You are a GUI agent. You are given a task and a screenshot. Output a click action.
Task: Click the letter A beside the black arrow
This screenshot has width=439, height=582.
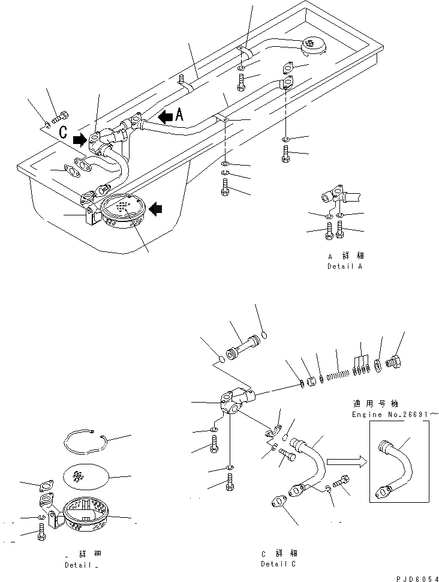pyautogui.click(x=180, y=113)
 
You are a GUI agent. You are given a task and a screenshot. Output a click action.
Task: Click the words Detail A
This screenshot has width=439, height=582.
pyautogui.click(x=344, y=266)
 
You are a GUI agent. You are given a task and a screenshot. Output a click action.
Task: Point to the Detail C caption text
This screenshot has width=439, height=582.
pyautogui.click(x=278, y=564)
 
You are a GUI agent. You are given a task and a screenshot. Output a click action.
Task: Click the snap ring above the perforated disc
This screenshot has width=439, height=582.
pyautogui.click(x=85, y=441)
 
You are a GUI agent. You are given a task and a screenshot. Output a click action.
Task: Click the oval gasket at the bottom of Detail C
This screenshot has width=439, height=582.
pyautogui.click(x=278, y=501)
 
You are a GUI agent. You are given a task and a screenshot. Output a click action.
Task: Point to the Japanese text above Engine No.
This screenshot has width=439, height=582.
pyautogui.click(x=384, y=404)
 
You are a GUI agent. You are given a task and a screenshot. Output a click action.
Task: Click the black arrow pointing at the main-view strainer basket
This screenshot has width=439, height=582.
pyautogui.click(x=155, y=209)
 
